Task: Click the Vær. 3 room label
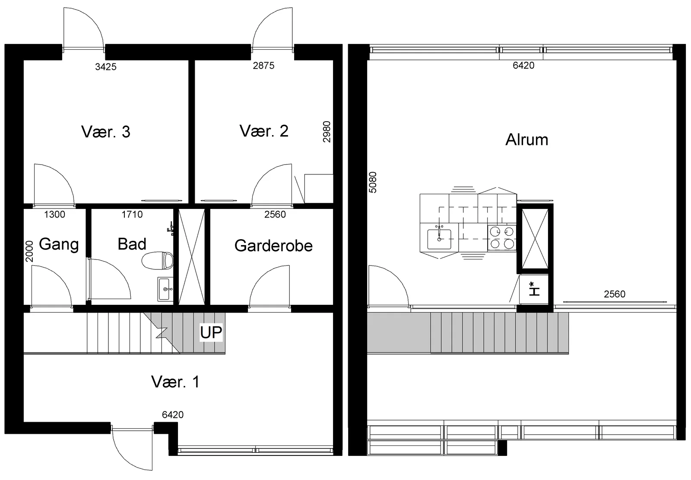pos(106,132)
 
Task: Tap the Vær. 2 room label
pos(264,131)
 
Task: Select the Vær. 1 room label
pos(175,382)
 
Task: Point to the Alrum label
pos(527,140)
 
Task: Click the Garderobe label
pos(274,246)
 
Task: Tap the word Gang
pos(59,245)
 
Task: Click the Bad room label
pos(132,244)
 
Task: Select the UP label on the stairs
pos(211,332)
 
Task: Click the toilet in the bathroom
pos(158,260)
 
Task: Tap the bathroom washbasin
pos(165,289)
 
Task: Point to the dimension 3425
pos(106,66)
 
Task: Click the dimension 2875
pos(264,65)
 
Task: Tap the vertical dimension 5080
pos(373,182)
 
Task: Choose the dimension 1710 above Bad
pos(132,214)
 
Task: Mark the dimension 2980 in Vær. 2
pos(326,132)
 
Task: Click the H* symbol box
pos(534,289)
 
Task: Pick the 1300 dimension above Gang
pos(54,214)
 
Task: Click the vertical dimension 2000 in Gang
pos(29,252)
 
